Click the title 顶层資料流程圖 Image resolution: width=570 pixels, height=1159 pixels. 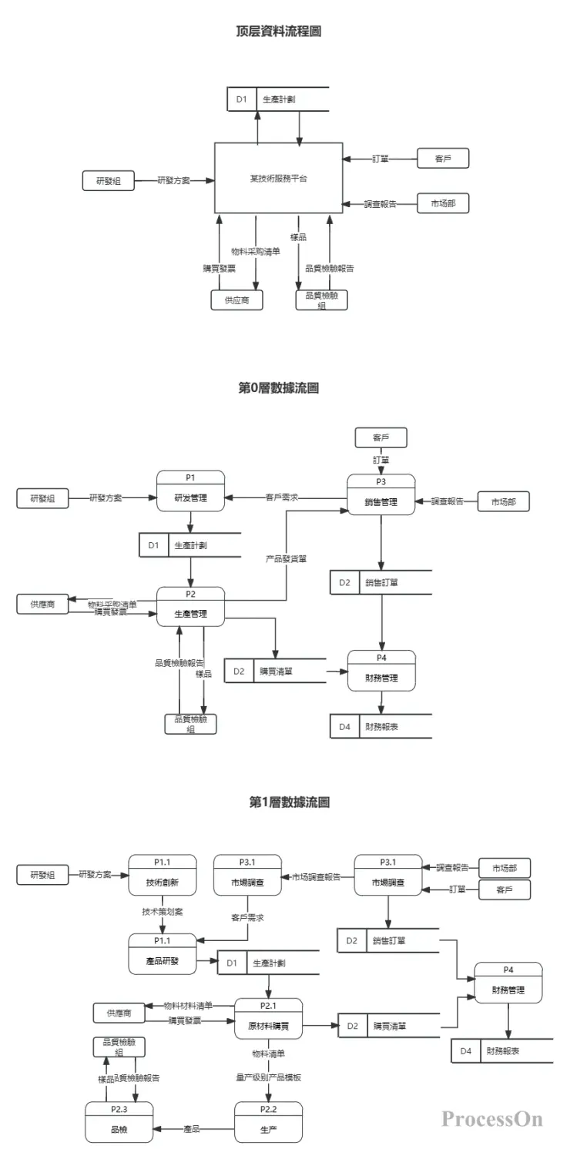click(279, 32)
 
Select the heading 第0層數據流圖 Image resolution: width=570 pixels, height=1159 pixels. click(279, 388)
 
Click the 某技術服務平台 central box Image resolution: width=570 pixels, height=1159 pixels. click(278, 178)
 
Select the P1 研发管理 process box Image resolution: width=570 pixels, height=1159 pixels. click(191, 491)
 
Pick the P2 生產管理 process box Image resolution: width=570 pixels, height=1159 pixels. click(191, 607)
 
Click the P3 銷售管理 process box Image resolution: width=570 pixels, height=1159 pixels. click(381, 494)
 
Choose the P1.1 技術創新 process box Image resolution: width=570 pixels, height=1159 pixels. click(162, 876)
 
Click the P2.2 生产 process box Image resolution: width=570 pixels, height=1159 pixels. click(268, 1123)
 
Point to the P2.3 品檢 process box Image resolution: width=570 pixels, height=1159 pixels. click(119, 1123)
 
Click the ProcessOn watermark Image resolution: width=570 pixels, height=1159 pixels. click(491, 1119)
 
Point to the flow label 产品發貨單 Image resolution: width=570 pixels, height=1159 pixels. click(287, 558)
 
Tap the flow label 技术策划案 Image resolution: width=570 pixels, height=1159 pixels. click(163, 911)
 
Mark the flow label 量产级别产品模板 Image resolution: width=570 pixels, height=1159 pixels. click(268, 1077)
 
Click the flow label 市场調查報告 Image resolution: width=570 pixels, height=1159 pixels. click(316, 876)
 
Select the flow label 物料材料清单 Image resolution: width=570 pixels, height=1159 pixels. click(187, 1006)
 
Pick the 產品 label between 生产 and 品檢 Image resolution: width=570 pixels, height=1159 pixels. click(192, 1129)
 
